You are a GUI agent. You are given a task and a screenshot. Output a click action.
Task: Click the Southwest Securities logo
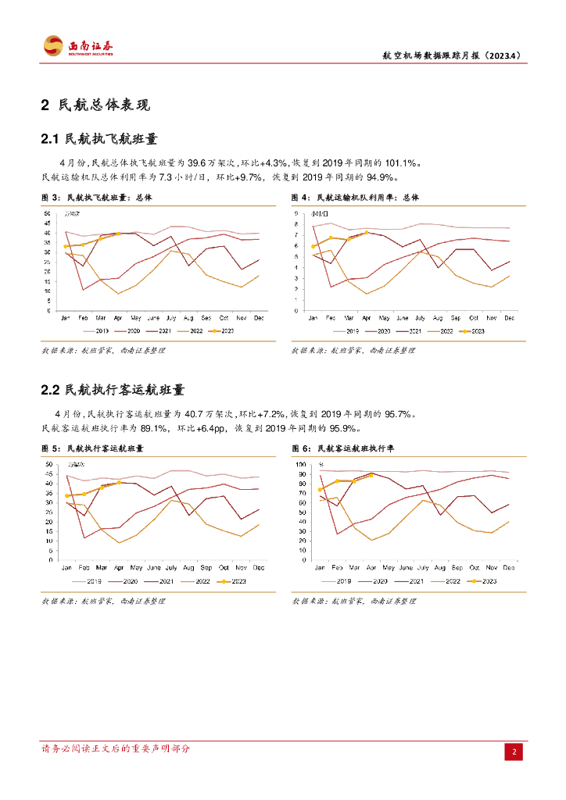tap(78, 46)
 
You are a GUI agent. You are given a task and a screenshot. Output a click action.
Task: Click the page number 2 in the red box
tap(514, 752)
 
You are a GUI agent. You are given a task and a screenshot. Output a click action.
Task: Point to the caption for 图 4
tap(356, 198)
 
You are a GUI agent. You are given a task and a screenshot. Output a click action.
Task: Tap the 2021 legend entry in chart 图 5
tap(165, 581)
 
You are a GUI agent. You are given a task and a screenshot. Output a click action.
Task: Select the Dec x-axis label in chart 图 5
tap(260, 567)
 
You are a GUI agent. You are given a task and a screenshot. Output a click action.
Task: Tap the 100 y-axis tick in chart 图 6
tap(299, 465)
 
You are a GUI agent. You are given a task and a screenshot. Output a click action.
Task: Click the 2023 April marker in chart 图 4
tap(367, 233)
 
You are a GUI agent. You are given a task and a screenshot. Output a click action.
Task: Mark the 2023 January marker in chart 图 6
tap(320, 490)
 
